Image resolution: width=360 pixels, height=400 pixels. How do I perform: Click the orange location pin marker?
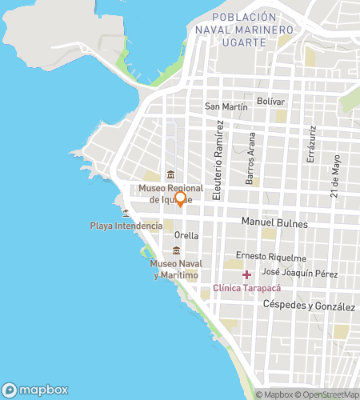pyautogui.click(x=180, y=198)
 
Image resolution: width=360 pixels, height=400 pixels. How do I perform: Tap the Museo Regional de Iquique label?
pyautogui.click(x=168, y=194)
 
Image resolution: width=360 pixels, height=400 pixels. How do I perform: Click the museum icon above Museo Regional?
pyautogui.click(x=170, y=175)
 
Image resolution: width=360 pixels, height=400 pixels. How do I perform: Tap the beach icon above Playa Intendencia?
pyautogui.click(x=126, y=213)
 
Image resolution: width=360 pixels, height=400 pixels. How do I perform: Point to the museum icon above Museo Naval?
pyautogui.click(x=175, y=251)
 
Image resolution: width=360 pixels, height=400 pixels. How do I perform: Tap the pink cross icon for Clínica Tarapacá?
pyautogui.click(x=246, y=275)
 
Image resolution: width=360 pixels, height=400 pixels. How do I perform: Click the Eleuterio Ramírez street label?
pyautogui.click(x=218, y=166)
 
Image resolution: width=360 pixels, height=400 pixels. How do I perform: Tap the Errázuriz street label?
pyautogui.click(x=314, y=145)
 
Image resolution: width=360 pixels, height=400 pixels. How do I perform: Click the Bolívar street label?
pyautogui.click(x=270, y=101)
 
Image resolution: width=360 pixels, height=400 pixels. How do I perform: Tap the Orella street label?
pyautogui.click(x=186, y=236)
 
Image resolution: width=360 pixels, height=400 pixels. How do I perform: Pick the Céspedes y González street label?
pyautogui.click(x=308, y=306)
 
